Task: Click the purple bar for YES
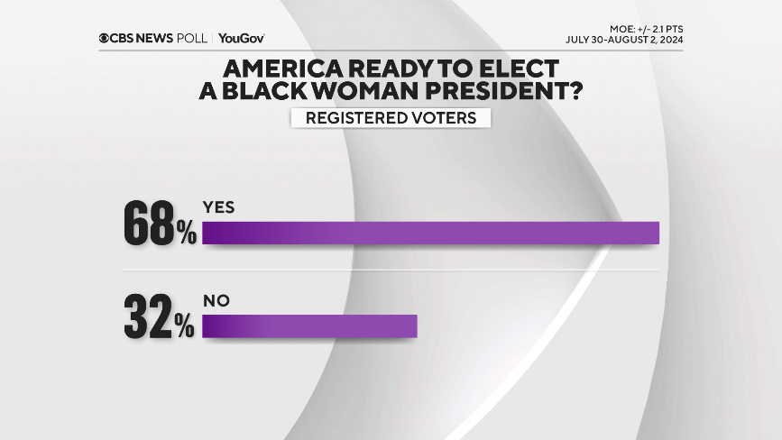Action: pyautogui.click(x=431, y=233)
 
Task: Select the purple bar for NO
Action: pyautogui.click(x=309, y=326)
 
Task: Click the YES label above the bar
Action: pyautogui.click(x=219, y=207)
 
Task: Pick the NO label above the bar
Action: pyautogui.click(x=216, y=301)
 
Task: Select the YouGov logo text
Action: pyautogui.click(x=242, y=38)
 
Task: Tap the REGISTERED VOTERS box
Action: pyautogui.click(x=391, y=118)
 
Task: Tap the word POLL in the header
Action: pyautogui.click(x=194, y=38)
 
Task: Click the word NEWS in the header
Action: pyautogui.click(x=162, y=38)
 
